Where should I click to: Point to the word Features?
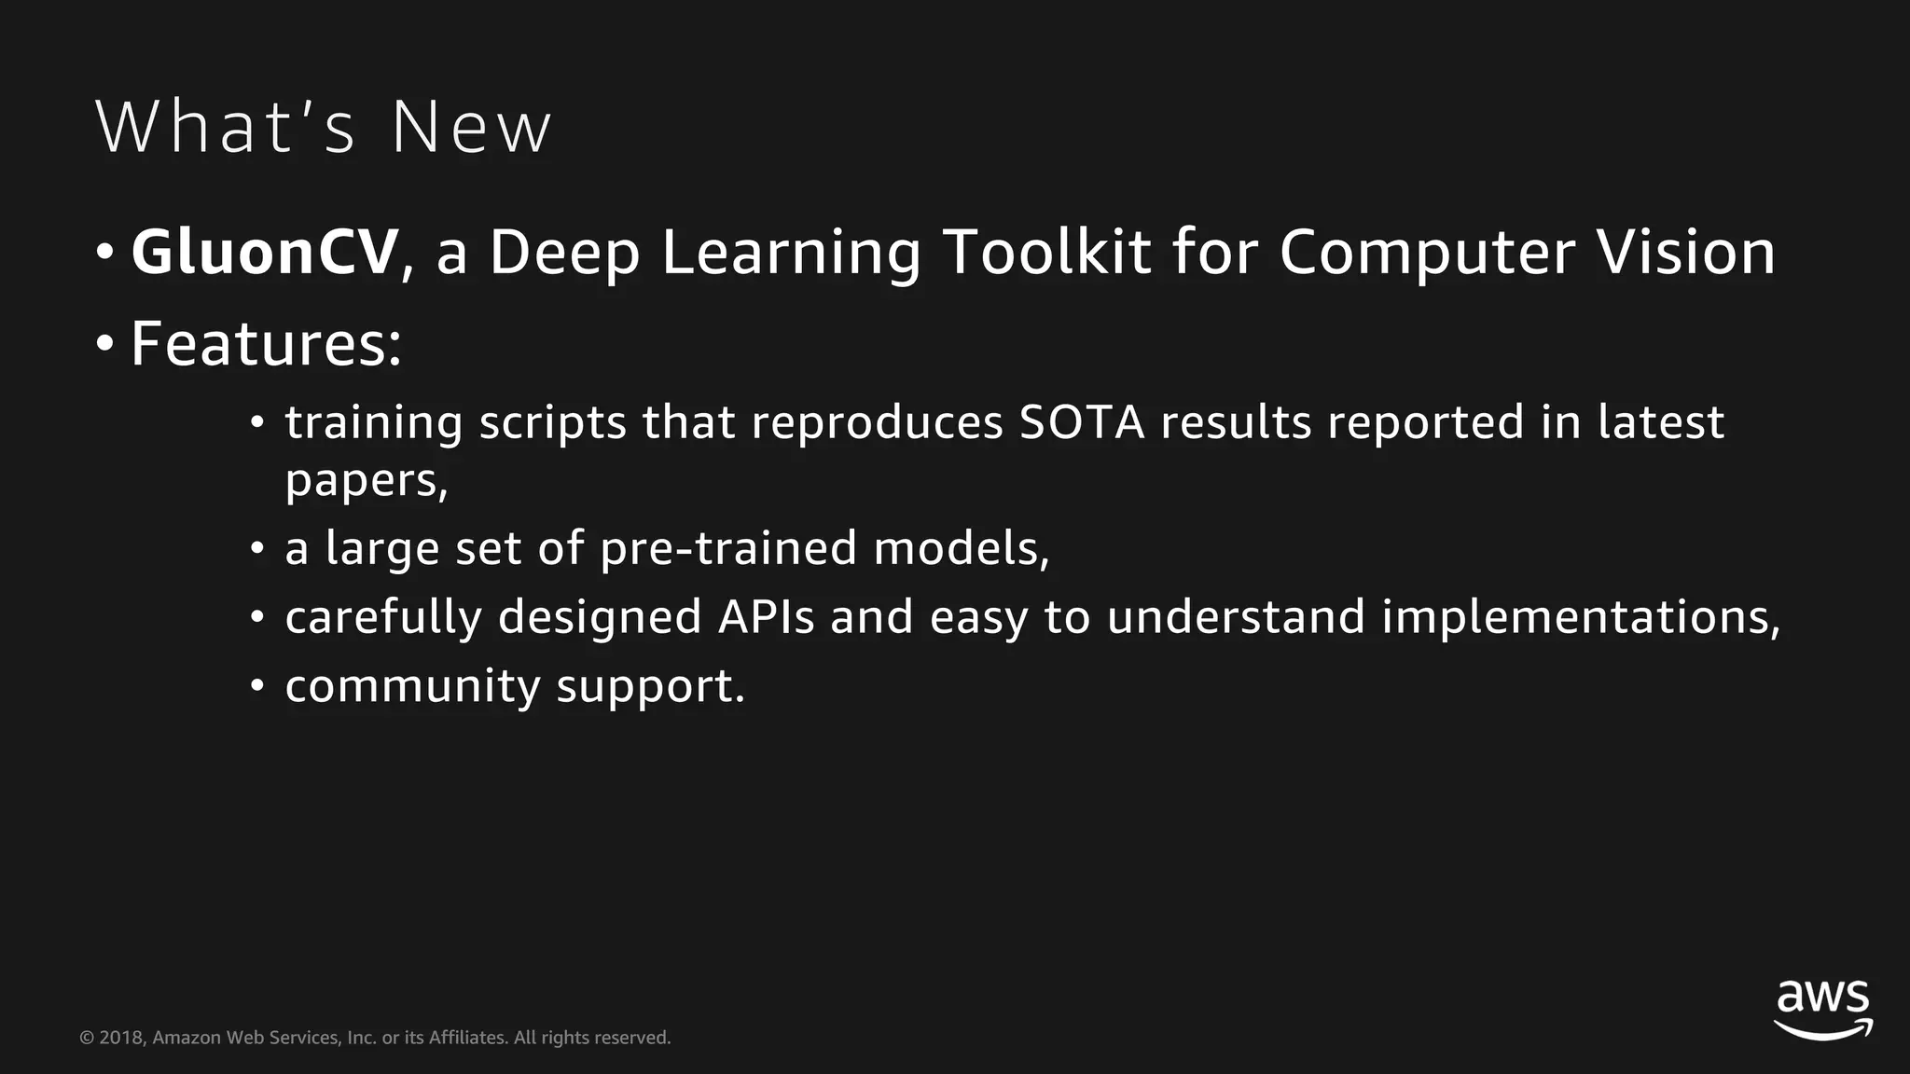(x=265, y=344)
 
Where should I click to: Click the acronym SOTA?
(x=1081, y=422)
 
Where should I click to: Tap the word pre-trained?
(x=727, y=548)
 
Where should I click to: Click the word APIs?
(x=766, y=617)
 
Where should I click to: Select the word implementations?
(x=1580, y=617)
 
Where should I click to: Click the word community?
(x=412, y=687)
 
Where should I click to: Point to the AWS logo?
(x=1822, y=1009)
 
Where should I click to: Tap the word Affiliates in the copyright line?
(x=468, y=1038)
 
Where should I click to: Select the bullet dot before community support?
(x=257, y=687)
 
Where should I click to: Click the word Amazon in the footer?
(x=187, y=1038)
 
